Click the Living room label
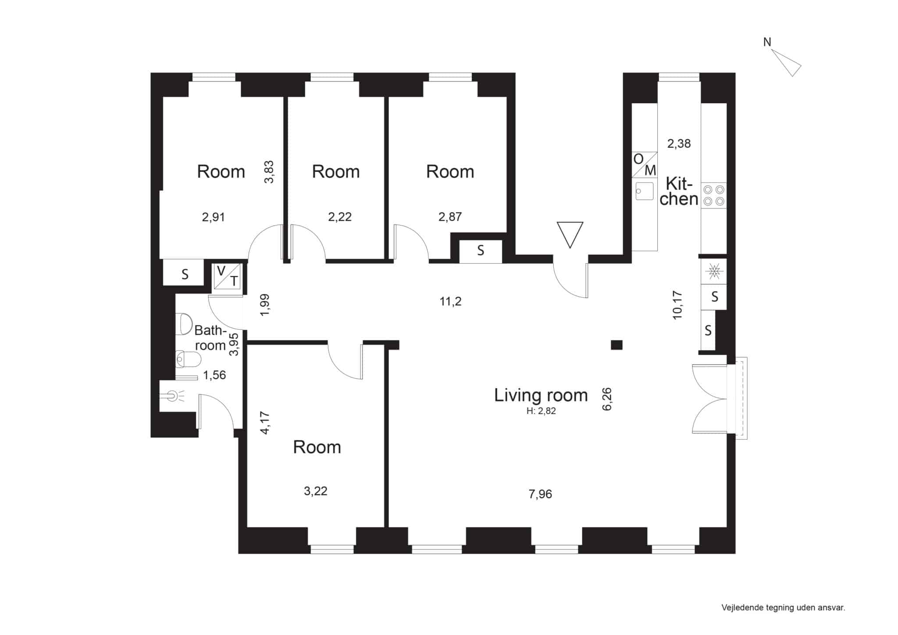point(541,395)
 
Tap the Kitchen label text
point(679,191)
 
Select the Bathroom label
point(210,338)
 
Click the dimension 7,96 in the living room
point(540,494)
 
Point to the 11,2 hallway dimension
point(451,301)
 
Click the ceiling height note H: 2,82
point(541,411)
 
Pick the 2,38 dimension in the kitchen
point(679,143)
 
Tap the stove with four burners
point(713,196)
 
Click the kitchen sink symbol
point(645,191)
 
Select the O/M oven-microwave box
point(645,164)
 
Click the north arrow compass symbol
point(786,62)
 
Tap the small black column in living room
point(616,345)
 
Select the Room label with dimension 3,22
point(317,447)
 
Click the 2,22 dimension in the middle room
point(340,217)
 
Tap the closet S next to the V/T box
point(185,275)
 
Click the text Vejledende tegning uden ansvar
point(783,608)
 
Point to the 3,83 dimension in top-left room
point(269,172)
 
